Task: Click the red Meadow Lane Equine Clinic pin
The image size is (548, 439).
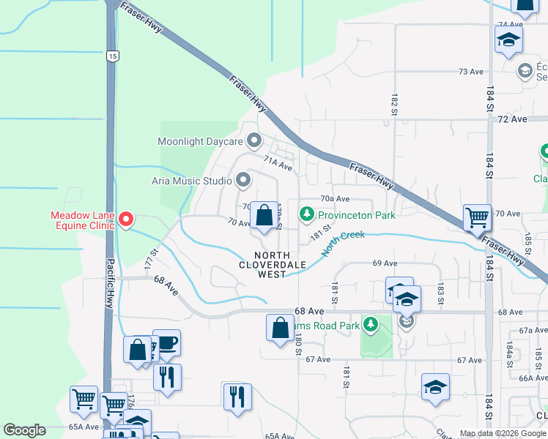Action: (125, 219)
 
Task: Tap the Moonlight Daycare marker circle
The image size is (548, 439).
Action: (254, 139)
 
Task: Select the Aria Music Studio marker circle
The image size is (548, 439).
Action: (243, 179)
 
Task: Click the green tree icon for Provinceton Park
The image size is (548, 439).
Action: (307, 214)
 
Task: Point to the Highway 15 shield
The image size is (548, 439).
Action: (111, 56)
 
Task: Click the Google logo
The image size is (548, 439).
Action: (24, 430)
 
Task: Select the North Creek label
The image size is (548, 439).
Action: (343, 244)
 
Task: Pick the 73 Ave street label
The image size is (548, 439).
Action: (471, 72)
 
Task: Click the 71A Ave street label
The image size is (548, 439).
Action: (278, 166)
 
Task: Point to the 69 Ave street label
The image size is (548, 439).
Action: (385, 263)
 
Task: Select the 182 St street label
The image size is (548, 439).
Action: (394, 105)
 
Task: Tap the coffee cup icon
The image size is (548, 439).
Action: (166, 342)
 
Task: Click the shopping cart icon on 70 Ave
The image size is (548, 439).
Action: (477, 217)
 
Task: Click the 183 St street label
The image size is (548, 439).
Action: (441, 290)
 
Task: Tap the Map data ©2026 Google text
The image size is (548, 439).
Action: (503, 433)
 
